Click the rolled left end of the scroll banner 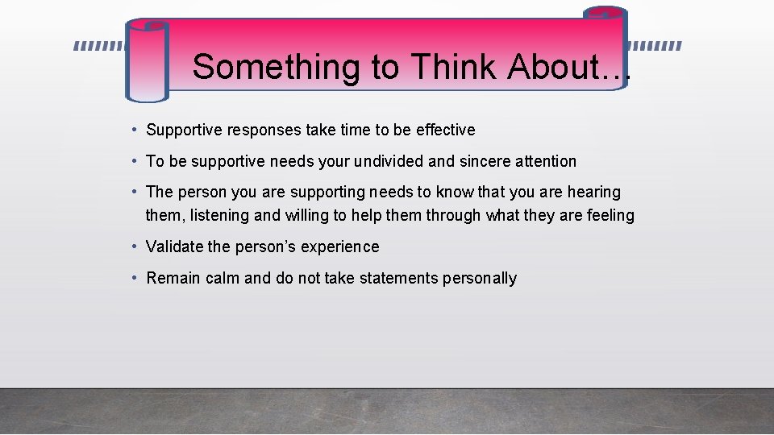point(147,62)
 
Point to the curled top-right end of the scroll point(605,14)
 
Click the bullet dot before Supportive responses point(136,130)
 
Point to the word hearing point(594,193)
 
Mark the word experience point(339,247)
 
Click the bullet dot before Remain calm point(136,278)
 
